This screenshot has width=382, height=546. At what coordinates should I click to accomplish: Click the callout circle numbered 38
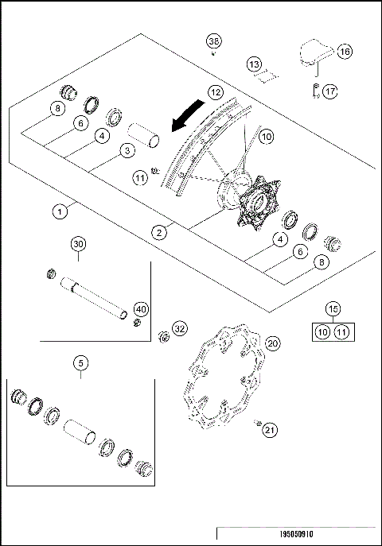[214, 41]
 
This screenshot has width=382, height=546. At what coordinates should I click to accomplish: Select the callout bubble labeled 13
[253, 63]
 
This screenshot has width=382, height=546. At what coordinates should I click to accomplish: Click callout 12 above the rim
[216, 92]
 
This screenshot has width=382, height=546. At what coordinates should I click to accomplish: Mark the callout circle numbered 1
[59, 211]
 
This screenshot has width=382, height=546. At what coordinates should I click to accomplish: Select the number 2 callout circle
[160, 232]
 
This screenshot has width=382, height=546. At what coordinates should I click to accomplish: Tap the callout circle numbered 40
[141, 308]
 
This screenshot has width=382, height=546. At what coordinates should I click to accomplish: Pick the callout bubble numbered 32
[180, 327]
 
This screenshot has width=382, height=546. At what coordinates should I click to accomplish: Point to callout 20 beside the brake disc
[272, 343]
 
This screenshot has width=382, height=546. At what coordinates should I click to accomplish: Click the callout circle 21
[271, 430]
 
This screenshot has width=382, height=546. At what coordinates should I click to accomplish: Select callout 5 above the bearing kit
[80, 362]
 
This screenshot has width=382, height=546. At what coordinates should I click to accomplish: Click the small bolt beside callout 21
[258, 423]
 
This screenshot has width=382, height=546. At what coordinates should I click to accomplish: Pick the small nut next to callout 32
[164, 335]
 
